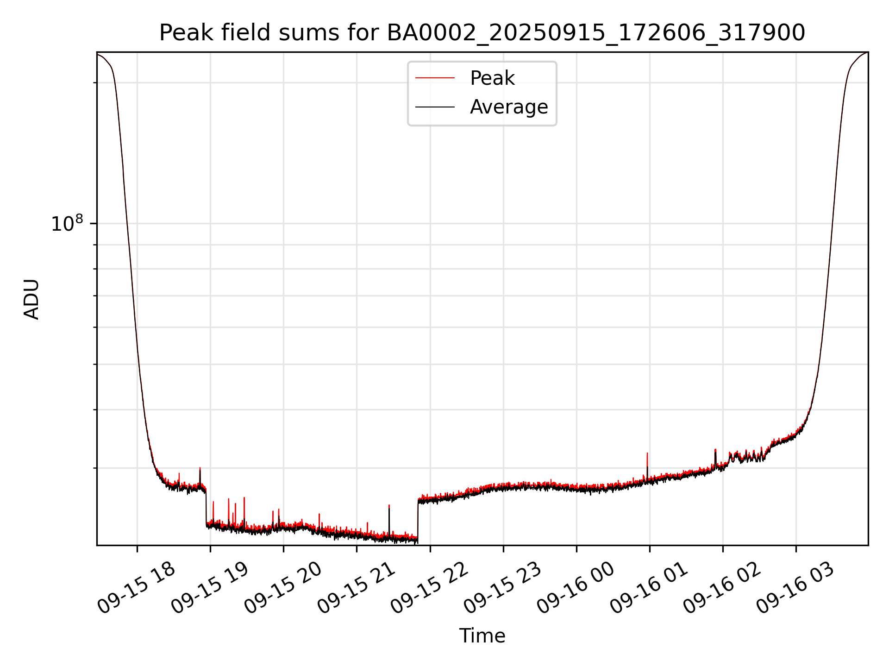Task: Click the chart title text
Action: [482, 33]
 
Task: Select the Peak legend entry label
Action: [492, 78]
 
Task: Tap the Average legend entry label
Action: [508, 107]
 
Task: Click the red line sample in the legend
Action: [435, 78]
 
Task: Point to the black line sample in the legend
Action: [435, 107]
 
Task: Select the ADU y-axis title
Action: [31, 299]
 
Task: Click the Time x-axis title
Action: [482, 636]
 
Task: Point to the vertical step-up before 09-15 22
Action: [418, 519]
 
